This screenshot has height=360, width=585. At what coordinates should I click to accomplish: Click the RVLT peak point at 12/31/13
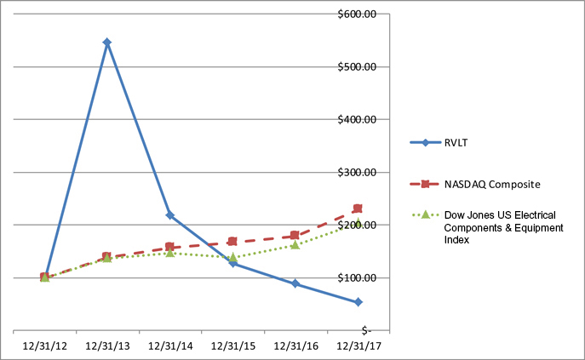click(107, 42)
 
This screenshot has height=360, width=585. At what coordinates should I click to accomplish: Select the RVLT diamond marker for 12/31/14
click(170, 215)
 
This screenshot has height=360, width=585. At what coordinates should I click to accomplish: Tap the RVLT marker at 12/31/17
click(358, 302)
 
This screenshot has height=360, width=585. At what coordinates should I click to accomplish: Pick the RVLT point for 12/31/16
click(295, 283)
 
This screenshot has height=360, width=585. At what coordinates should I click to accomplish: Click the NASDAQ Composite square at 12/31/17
click(358, 209)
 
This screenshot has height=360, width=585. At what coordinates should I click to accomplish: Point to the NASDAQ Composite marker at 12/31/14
click(170, 248)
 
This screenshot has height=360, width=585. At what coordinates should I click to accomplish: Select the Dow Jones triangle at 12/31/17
click(358, 223)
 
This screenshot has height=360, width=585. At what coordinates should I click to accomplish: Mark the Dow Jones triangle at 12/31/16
click(295, 244)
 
